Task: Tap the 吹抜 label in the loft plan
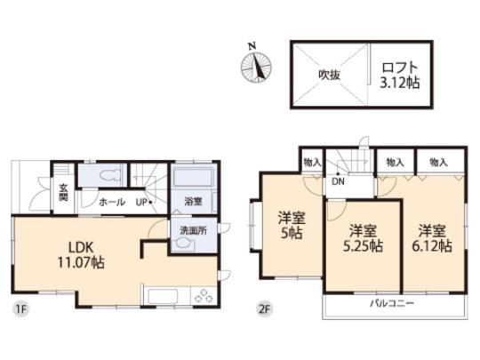[x=330, y=75]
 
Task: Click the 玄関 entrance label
[x=64, y=192]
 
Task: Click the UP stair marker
[x=144, y=203]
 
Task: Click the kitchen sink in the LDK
[x=164, y=296]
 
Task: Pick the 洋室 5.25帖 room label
[x=364, y=236]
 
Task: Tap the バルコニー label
[x=392, y=305]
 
